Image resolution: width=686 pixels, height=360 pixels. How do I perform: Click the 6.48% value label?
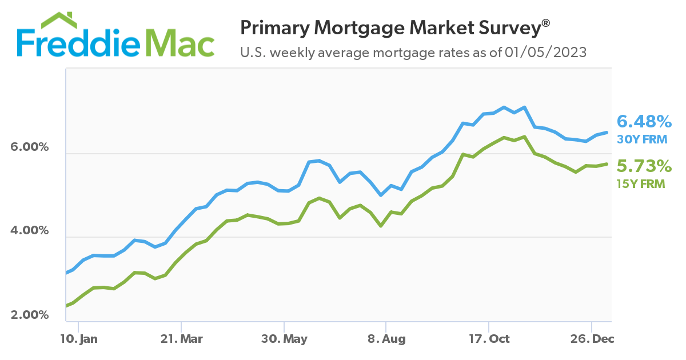pyautogui.click(x=644, y=122)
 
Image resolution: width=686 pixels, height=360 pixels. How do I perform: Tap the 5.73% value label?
pyautogui.click(x=644, y=166)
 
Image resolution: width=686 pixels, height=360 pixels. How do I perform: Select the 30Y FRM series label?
pyautogui.click(x=643, y=139)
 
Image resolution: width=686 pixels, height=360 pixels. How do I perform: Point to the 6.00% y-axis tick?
pyautogui.click(x=30, y=147)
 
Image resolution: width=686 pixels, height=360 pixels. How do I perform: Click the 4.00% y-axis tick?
pyautogui.click(x=30, y=231)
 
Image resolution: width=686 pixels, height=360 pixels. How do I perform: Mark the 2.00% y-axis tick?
pyautogui.click(x=30, y=315)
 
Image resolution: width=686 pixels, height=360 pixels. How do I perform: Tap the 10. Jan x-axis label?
pyautogui.click(x=79, y=339)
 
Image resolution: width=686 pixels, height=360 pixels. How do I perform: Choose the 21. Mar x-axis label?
pyautogui.click(x=181, y=339)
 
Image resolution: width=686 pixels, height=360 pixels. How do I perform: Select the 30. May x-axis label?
pyautogui.click(x=284, y=339)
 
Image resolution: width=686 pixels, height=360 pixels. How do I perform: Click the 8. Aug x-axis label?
pyautogui.click(x=386, y=339)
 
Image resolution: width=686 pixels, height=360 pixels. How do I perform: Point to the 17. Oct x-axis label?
pyautogui.click(x=489, y=339)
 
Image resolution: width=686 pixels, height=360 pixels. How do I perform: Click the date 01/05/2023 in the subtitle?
pyautogui.click(x=545, y=53)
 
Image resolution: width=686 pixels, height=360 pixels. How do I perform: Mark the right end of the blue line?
pyautogui.click(x=607, y=132)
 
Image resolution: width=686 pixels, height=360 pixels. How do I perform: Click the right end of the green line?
pyautogui.click(x=607, y=164)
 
